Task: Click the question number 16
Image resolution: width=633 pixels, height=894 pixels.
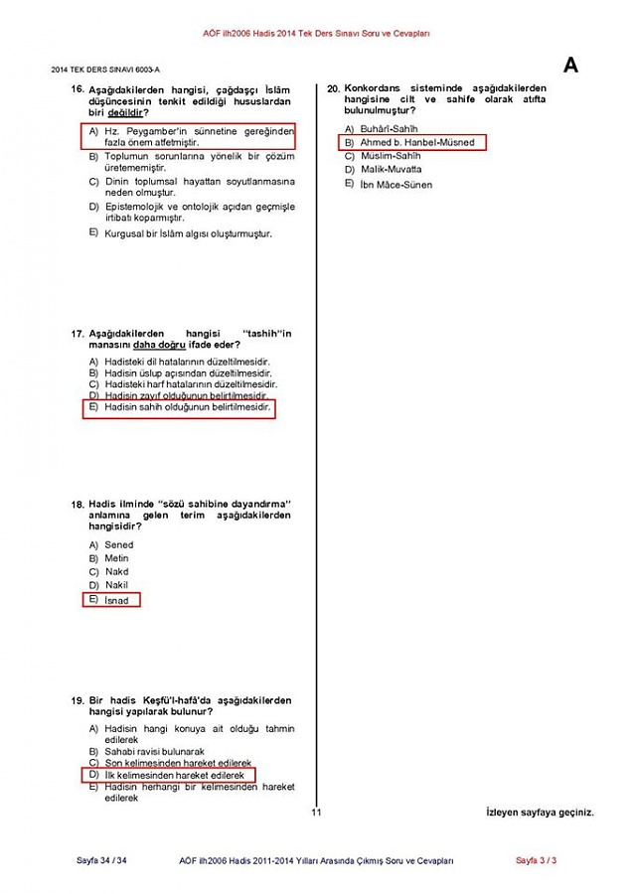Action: pyautogui.click(x=77, y=89)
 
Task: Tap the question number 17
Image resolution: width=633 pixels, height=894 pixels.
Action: pyautogui.click(x=77, y=333)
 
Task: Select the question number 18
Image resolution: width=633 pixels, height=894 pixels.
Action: pyautogui.click(x=77, y=505)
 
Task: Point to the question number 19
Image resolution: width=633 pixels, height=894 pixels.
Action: pyautogui.click(x=77, y=701)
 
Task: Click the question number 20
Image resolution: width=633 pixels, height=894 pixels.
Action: pyautogui.click(x=334, y=89)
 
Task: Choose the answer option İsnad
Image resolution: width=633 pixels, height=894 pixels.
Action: pyautogui.click(x=117, y=600)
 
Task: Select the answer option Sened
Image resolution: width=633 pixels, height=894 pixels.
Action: pyautogui.click(x=118, y=544)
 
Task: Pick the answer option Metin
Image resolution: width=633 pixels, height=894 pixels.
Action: pyautogui.click(x=117, y=558)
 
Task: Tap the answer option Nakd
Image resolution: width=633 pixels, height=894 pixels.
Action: pyautogui.click(x=116, y=572)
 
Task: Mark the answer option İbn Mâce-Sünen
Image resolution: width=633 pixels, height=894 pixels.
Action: pyautogui.click(x=396, y=185)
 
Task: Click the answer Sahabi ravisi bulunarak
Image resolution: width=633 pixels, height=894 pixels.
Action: pyautogui.click(x=154, y=752)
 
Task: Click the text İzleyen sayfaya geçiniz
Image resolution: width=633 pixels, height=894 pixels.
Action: pyautogui.click(x=540, y=813)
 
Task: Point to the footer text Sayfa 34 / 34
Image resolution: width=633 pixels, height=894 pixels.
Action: pyautogui.click(x=101, y=860)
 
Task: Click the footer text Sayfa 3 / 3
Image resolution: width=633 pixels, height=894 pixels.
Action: pyautogui.click(x=536, y=860)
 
